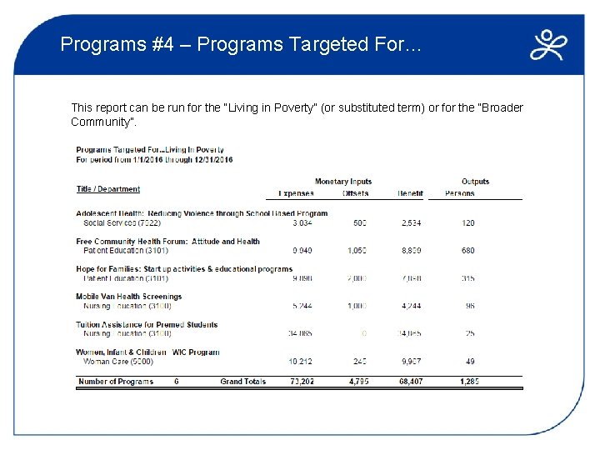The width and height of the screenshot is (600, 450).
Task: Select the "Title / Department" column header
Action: [x=108, y=189]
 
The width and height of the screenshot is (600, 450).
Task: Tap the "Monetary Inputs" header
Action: [x=343, y=182]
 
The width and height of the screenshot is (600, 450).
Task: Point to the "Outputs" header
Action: [x=475, y=182]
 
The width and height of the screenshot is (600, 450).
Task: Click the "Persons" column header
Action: [x=459, y=193]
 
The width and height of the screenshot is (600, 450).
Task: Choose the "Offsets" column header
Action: [x=355, y=193]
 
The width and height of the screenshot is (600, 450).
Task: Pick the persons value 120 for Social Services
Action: [x=468, y=223]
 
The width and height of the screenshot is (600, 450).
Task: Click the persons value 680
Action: [x=467, y=251]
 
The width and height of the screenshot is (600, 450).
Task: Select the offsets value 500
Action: [x=359, y=223]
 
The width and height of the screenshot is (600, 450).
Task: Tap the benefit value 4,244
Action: [x=411, y=306]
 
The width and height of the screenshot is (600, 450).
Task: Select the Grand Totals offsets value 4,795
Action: [x=358, y=382]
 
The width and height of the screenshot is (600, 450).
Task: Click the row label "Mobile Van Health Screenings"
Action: [x=128, y=297]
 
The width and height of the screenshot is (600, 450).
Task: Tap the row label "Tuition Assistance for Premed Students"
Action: [x=147, y=325]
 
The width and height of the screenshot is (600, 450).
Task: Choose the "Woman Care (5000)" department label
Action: [x=118, y=362]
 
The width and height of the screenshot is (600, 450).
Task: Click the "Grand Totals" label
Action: [x=243, y=382]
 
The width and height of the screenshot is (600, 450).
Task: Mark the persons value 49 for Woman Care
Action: [x=470, y=362]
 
